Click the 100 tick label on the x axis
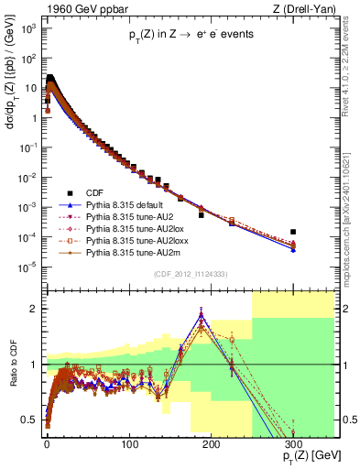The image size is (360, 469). pos(129,443)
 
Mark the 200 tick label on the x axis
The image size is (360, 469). pos(211,443)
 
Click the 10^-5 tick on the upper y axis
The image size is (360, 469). pos(29,267)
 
